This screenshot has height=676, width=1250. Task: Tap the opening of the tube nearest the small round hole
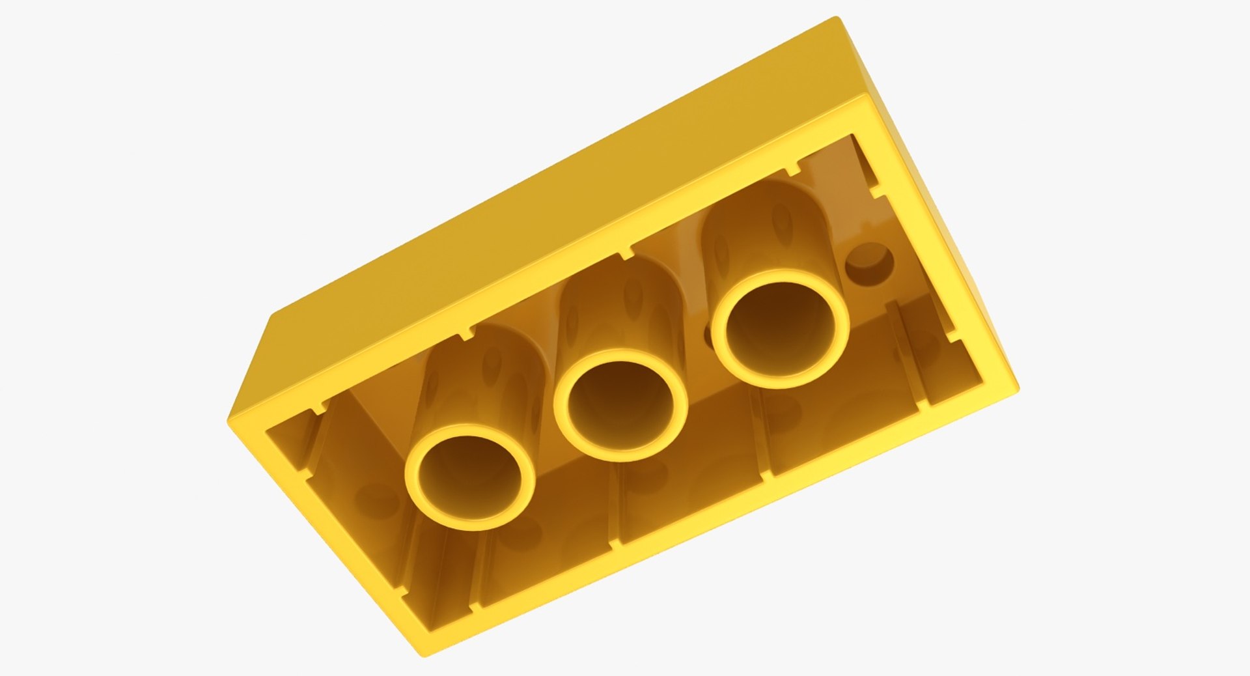[x=780, y=333]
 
